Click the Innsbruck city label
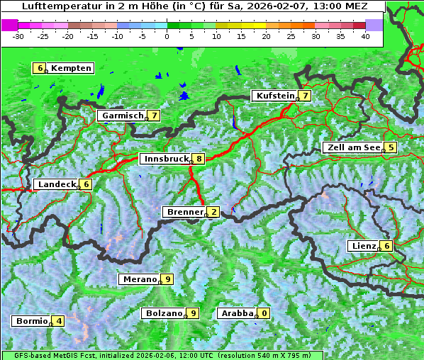(165, 159)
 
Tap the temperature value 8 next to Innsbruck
(200, 159)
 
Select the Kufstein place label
(274, 96)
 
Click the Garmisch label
(122, 116)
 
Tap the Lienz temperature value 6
(386, 246)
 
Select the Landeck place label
(57, 184)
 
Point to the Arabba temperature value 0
(264, 313)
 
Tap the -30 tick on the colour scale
(19, 35)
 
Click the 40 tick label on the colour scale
(365, 35)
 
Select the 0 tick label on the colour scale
(167, 35)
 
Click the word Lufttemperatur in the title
(54, 6)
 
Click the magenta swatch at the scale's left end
(9, 25)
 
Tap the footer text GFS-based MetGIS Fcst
(50, 355)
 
